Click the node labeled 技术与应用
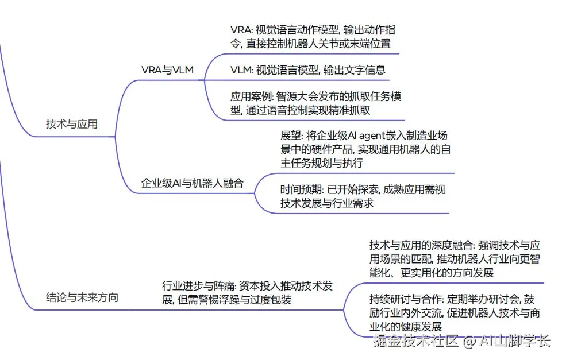click(72, 124)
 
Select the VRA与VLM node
click(167, 70)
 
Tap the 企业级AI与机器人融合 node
click(193, 184)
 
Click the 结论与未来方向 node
click(82, 297)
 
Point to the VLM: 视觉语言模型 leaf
click(307, 70)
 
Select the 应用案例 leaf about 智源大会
click(315, 103)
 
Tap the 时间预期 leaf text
click(363, 196)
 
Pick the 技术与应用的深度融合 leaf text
click(454, 258)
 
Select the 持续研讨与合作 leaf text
click(454, 313)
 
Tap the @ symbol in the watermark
click(469, 342)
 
